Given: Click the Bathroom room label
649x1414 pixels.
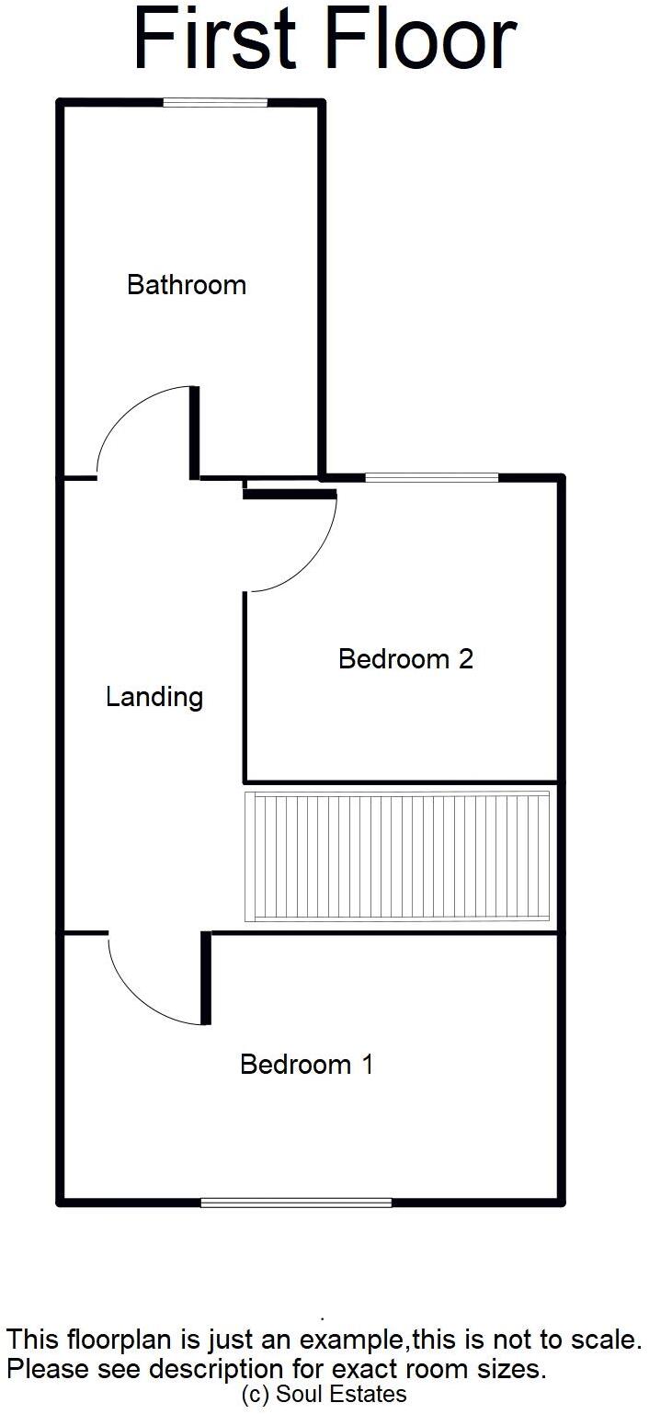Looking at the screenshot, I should pyautogui.click(x=187, y=285).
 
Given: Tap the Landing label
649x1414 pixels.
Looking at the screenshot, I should pyautogui.click(x=154, y=697).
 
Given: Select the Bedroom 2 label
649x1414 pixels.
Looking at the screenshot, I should pyautogui.click(x=405, y=659).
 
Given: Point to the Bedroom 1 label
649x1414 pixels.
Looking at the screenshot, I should pyautogui.click(x=306, y=1065).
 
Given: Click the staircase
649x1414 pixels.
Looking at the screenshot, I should pyautogui.click(x=396, y=856).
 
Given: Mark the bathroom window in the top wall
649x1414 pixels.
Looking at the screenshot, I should pyautogui.click(x=215, y=103).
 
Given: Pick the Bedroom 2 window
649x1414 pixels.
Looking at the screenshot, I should pyautogui.click(x=431, y=477).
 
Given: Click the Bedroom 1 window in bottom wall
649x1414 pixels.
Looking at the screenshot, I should pyautogui.click(x=296, y=1202).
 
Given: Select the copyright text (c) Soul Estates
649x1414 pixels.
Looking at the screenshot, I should pyautogui.click(x=324, y=1395).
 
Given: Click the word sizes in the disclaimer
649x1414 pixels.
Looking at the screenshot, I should pyautogui.click(x=515, y=1369).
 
